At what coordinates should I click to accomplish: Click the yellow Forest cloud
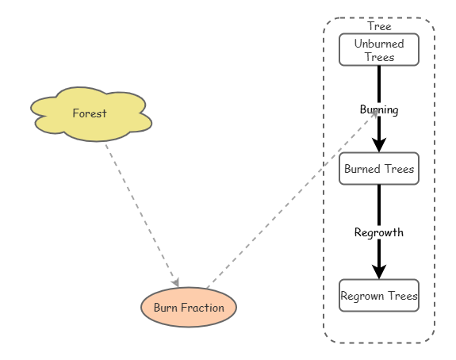point(90,114)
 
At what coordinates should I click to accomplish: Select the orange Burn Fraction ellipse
point(188,308)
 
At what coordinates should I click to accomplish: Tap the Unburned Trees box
point(378,49)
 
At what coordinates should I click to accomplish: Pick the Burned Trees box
point(378,168)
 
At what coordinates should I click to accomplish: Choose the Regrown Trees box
point(378,296)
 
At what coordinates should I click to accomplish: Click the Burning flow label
point(378,109)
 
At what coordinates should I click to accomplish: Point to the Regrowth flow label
point(378,232)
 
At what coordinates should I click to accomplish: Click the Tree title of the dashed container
point(379,26)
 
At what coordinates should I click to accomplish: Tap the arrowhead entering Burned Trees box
point(379,144)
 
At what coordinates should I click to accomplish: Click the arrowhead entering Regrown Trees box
point(379,271)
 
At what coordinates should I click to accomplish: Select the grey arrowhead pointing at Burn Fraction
point(176,282)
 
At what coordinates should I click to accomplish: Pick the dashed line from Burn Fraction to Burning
point(285,201)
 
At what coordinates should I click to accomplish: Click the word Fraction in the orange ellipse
point(206,308)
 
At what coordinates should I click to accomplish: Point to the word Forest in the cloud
point(89,113)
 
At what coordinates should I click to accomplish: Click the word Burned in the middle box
point(362,168)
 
